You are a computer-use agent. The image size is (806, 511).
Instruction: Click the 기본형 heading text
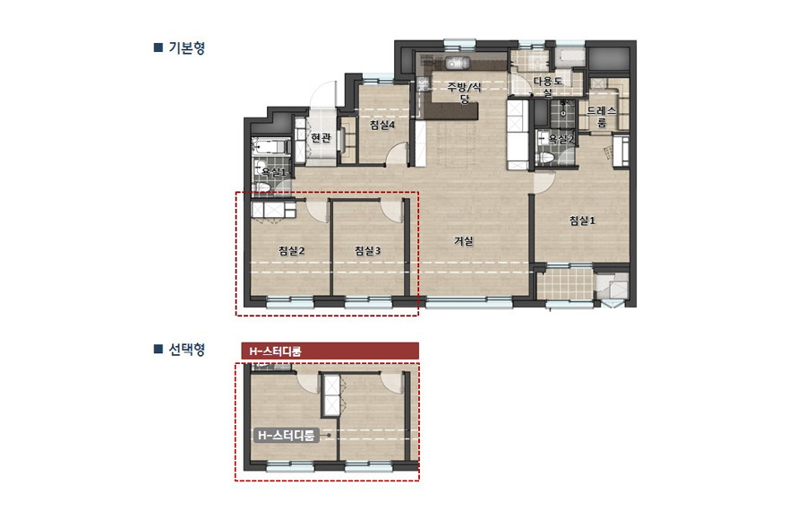186,48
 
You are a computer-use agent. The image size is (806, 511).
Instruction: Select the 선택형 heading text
186,349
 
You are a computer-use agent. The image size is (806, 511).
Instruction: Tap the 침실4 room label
382,126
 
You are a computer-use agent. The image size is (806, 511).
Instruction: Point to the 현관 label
321,138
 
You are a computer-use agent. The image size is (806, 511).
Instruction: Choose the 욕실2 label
562,139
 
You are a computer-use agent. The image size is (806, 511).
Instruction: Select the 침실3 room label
367,251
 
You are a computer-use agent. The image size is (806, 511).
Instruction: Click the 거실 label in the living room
463,240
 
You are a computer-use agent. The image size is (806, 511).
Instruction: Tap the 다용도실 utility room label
547,87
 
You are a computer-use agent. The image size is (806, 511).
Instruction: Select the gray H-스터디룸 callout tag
286,436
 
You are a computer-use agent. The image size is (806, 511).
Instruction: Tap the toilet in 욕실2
545,156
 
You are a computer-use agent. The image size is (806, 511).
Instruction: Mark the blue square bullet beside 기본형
158,48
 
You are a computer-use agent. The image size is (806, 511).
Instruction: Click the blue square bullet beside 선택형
158,349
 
